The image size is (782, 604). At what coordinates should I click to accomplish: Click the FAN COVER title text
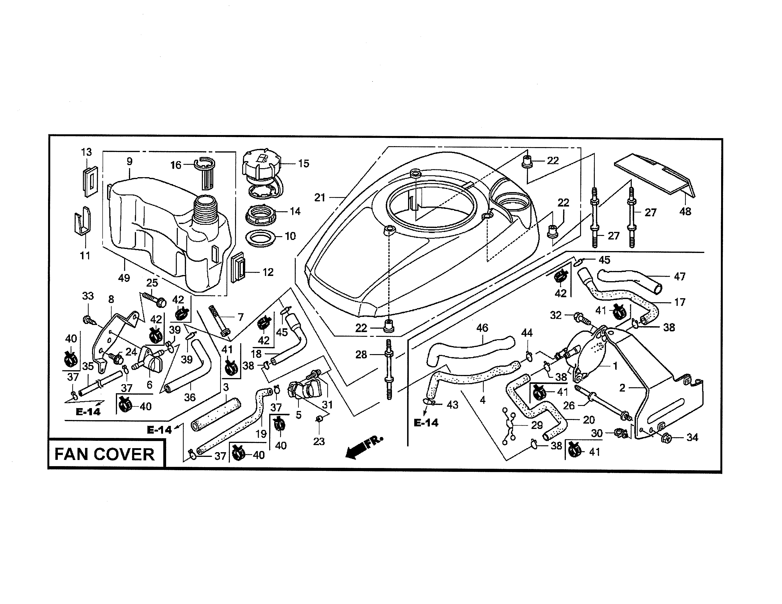point(104,455)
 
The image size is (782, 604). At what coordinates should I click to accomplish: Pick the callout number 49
point(124,278)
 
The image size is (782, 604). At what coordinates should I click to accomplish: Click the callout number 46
point(482,328)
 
